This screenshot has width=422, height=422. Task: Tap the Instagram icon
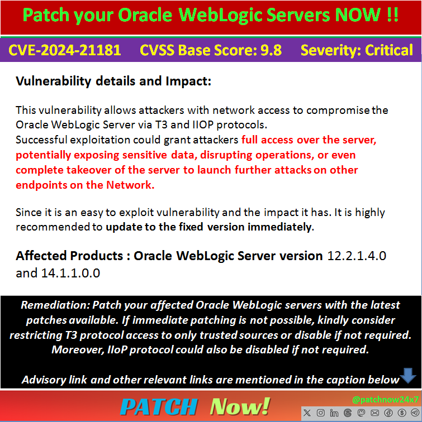pyautogui.click(x=321, y=413)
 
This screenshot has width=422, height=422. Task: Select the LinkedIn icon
pyautogui.click(x=335, y=413)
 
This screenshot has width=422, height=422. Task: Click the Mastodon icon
pyautogui.click(x=361, y=413)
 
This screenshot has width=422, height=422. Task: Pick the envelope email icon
pyautogui.click(x=374, y=413)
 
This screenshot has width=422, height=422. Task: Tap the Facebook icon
pyautogui.click(x=388, y=413)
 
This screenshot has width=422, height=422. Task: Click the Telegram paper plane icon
pyautogui.click(x=414, y=413)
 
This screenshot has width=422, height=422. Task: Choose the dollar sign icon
pyautogui.click(x=401, y=413)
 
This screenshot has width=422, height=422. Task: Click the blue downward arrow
pyautogui.click(x=409, y=376)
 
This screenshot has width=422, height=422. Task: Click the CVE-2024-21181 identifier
pyautogui.click(x=64, y=50)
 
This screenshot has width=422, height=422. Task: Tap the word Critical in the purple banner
pyautogui.click(x=389, y=50)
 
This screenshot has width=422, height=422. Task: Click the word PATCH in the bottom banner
pyautogui.click(x=159, y=406)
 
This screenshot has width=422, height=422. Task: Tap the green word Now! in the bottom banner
pyautogui.click(x=240, y=406)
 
